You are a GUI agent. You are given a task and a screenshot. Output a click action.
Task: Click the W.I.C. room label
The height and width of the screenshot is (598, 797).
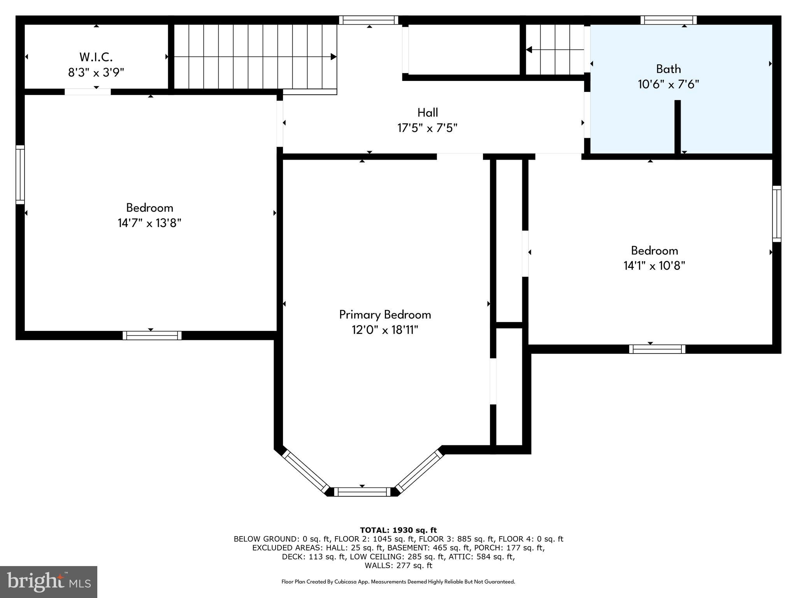pyautogui.click(x=96, y=57)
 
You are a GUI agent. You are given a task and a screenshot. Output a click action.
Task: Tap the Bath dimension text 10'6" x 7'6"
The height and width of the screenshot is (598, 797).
pyautogui.click(x=668, y=84)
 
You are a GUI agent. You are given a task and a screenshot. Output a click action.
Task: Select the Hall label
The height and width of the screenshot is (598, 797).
pyautogui.click(x=427, y=113)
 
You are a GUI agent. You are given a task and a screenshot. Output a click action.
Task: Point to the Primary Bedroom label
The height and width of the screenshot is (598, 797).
pyautogui.click(x=385, y=315)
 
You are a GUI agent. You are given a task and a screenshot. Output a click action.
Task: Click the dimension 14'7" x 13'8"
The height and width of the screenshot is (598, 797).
pyautogui.click(x=149, y=223)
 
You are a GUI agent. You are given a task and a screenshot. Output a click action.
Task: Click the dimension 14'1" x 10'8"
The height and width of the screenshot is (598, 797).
pyautogui.click(x=654, y=266)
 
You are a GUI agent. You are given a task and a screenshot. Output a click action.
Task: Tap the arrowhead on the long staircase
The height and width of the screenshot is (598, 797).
pyautogui.click(x=333, y=57)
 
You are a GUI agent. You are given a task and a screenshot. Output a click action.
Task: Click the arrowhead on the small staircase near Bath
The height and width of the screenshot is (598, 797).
pyautogui.click(x=529, y=50)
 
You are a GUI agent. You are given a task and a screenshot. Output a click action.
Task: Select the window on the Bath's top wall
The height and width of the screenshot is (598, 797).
pyautogui.click(x=668, y=20)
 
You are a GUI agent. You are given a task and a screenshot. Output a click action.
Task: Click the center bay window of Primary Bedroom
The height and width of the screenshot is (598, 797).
pyautogui.click(x=362, y=492)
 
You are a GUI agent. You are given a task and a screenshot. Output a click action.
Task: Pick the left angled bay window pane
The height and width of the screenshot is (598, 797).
pyautogui.click(x=306, y=472)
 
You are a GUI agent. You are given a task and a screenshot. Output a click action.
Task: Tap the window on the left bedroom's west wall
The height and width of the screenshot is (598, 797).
pyautogui.click(x=20, y=174)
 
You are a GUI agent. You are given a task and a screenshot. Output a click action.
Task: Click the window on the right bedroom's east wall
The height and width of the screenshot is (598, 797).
pyautogui.click(x=776, y=214)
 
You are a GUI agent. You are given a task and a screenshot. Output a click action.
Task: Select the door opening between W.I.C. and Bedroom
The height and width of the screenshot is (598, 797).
pyautogui.click(x=88, y=92)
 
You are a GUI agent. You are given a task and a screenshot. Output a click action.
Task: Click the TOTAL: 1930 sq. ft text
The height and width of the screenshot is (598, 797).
pyautogui.click(x=398, y=530)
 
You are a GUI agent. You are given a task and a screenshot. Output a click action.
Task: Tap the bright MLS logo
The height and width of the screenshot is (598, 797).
pyautogui.click(x=49, y=582)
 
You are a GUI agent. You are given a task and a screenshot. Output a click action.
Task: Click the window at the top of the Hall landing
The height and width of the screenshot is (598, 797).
pyautogui.click(x=368, y=20)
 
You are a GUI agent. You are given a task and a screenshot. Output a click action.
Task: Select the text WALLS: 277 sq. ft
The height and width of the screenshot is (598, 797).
pyautogui.click(x=398, y=565)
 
